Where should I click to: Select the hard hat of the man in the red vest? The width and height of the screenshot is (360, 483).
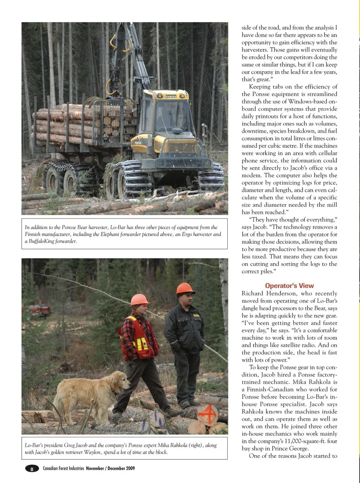pos(139,299)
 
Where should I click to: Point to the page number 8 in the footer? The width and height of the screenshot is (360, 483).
pos(32,469)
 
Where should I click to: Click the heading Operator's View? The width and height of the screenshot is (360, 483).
pos(289,286)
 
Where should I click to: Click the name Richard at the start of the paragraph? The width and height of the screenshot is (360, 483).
pos(253,293)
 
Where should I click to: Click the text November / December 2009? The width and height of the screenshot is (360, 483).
pos(110,468)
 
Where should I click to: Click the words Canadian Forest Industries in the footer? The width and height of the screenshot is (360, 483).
pos(63,468)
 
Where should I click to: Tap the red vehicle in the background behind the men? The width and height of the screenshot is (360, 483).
pos(37,310)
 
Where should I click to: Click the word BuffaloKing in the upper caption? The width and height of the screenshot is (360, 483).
pos(40,241)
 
